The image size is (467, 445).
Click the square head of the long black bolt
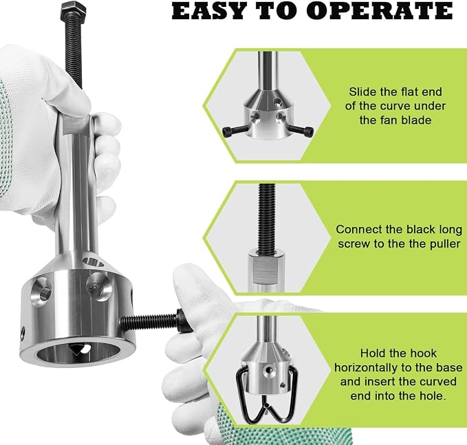74,9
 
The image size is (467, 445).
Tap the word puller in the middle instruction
445,244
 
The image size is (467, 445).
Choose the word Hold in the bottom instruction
372,354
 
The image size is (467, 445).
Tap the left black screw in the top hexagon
234,130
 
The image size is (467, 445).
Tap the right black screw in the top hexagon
301,130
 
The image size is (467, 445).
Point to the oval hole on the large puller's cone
94,262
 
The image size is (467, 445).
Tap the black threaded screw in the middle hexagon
267,219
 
